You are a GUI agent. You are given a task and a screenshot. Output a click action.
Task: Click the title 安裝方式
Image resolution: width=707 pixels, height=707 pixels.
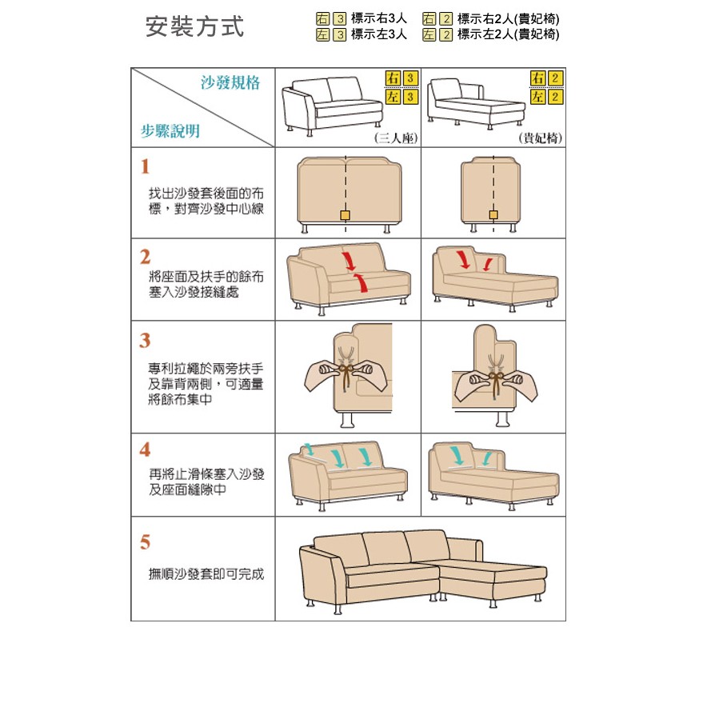click(194, 26)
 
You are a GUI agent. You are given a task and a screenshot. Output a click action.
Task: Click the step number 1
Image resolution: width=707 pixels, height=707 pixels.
click(145, 167)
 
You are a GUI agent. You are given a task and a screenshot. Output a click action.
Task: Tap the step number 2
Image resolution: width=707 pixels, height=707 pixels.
click(145, 257)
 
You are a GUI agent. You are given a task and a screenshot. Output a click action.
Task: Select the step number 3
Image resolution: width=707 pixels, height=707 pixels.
click(145, 341)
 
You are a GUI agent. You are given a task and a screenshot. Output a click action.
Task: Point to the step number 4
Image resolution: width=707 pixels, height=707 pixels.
click(145, 449)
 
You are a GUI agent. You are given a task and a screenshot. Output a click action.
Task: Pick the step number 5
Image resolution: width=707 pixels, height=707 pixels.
click(145, 542)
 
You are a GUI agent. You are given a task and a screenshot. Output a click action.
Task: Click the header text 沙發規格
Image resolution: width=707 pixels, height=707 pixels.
click(230, 83)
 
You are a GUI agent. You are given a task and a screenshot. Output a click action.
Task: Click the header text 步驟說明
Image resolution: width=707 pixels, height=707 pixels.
click(170, 131)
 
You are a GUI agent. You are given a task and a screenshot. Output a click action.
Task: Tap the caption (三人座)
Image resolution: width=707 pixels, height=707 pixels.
click(397, 138)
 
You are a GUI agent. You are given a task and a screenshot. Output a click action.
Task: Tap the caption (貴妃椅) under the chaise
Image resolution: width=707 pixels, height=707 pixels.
click(540, 138)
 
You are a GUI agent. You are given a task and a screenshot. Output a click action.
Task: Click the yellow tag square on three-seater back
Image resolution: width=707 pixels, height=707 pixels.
click(345, 216)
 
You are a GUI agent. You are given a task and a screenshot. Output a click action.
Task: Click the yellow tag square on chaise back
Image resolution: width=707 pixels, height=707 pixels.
click(493, 216)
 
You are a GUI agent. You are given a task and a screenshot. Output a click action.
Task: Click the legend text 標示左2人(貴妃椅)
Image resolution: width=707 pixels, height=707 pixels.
click(508, 34)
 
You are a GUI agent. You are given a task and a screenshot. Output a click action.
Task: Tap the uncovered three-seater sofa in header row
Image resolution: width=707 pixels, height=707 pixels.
click(332, 103)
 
